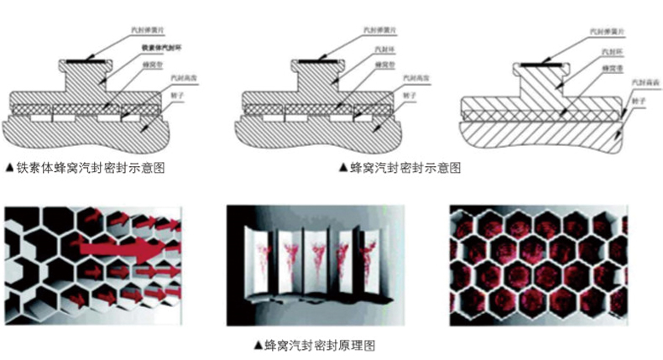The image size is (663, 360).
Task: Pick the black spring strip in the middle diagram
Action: tap(314, 61)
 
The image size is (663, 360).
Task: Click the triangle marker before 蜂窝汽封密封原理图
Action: tap(258, 344)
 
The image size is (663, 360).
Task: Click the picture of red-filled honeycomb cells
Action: tap(538, 264)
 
